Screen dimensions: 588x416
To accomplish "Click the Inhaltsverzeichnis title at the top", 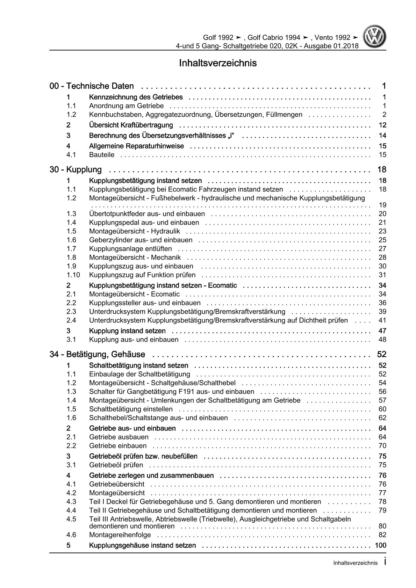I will point(218,63).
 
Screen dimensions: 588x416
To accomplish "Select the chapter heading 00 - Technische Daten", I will point(92,86).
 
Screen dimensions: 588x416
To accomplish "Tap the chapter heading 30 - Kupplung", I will point(76,170).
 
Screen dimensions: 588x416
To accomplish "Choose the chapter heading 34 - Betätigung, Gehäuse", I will point(98,354).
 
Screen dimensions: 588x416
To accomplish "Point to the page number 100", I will point(380,545).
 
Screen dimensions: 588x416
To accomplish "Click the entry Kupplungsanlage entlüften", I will point(130,249).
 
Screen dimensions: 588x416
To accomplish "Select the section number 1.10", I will point(73,275).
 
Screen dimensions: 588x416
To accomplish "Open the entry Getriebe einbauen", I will point(118,446).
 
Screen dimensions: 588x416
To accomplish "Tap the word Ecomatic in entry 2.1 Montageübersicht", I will point(165,294).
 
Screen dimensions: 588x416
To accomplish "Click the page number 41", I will point(382,320).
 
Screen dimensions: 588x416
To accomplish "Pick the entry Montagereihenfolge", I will point(120,535).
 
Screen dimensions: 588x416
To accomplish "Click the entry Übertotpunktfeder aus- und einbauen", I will point(147,214).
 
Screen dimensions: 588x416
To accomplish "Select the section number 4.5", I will point(71,519).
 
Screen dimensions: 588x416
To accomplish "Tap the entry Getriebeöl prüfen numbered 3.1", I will point(116,465).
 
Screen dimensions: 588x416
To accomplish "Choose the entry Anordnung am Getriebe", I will point(126,106).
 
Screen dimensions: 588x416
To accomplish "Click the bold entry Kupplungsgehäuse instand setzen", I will point(142,545).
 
